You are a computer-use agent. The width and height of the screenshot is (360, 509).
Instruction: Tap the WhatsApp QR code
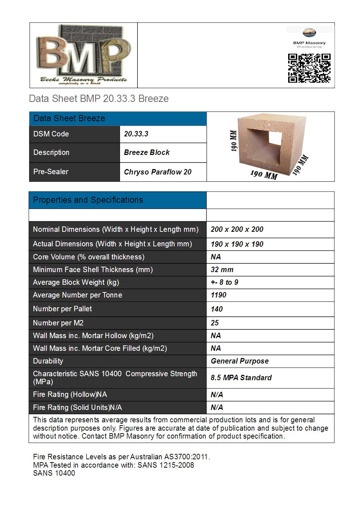309,68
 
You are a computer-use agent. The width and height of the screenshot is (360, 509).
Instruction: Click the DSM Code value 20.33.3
136,134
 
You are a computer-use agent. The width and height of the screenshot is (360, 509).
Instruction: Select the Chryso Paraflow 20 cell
157,172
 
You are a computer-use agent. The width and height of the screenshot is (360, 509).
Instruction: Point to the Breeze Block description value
147,152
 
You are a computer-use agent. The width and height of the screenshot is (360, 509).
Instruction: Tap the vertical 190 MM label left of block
234,141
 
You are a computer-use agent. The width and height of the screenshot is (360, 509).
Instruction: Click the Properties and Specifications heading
88,200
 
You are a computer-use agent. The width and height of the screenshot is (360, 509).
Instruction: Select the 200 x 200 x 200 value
237,229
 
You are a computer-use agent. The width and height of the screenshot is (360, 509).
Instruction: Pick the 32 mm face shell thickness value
222,270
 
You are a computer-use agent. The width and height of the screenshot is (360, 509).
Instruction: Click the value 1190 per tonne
218,295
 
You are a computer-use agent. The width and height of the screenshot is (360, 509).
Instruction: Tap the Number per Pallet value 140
217,309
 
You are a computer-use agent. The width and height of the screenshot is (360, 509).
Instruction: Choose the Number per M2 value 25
215,323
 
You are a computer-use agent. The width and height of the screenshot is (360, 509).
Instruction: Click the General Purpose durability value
240,361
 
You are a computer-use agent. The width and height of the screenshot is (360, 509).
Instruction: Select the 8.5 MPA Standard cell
241,378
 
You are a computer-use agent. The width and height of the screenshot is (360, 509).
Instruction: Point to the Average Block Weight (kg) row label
76,282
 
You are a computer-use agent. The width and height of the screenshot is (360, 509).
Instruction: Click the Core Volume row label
89,257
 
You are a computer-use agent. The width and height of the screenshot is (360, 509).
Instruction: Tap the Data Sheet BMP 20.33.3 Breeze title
99,99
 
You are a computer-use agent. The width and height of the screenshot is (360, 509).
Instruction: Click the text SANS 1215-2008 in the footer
166,465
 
